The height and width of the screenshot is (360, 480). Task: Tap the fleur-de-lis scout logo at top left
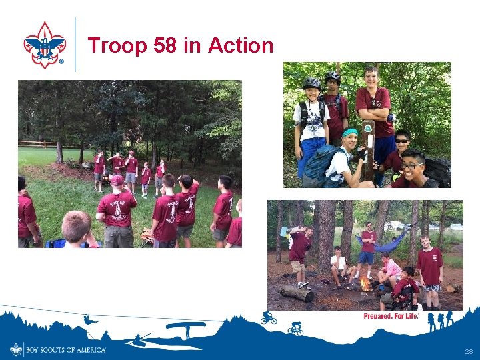(45, 44)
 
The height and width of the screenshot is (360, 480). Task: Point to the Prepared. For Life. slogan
(391, 316)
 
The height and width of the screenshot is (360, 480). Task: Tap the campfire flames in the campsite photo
(365, 285)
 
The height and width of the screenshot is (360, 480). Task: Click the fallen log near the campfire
(297, 292)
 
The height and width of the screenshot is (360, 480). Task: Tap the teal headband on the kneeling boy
(350, 133)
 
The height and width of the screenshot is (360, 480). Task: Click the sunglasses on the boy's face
(401, 141)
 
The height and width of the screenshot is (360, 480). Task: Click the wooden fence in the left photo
(37, 143)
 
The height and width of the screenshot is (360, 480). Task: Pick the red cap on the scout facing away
(117, 180)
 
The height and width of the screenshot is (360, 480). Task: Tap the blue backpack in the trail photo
(318, 166)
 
